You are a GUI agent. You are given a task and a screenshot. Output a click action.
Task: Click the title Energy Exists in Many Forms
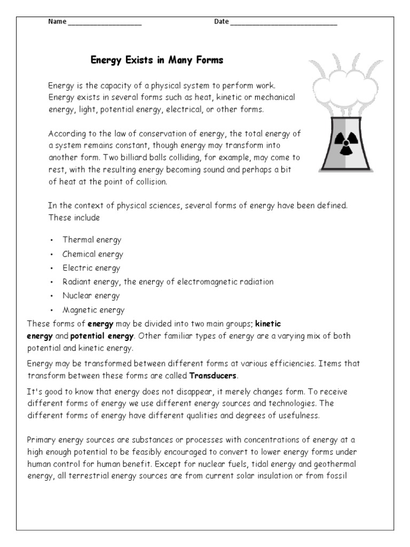click(x=156, y=60)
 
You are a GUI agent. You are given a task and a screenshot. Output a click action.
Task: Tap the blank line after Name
click(x=105, y=22)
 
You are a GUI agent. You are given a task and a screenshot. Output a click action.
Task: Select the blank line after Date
click(x=283, y=22)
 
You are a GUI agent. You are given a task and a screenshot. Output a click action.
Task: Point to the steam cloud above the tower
click(x=342, y=85)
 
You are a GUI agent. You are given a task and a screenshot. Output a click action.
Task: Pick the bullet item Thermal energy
click(x=92, y=240)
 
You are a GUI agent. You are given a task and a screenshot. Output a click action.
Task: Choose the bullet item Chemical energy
click(x=92, y=254)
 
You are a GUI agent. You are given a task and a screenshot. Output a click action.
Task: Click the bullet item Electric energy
click(x=91, y=268)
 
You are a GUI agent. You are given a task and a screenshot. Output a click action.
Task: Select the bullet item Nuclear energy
click(x=91, y=296)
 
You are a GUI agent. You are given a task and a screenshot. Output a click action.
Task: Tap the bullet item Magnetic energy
click(x=93, y=310)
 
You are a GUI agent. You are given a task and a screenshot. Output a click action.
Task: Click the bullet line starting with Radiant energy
click(x=168, y=282)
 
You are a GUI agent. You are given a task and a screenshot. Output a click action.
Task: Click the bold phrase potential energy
click(x=102, y=337)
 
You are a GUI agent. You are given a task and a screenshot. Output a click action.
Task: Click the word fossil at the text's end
click(x=337, y=475)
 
